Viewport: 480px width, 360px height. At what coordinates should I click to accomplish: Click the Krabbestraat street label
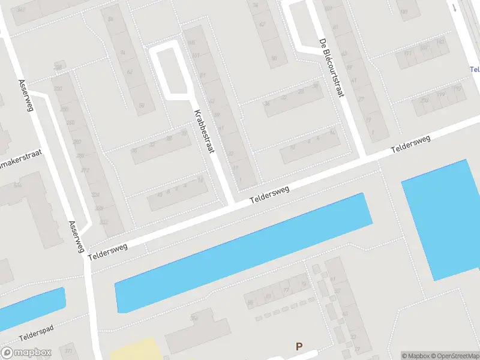[x=204, y=132]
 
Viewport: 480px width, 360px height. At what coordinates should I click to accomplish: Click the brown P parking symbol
[x=299, y=346]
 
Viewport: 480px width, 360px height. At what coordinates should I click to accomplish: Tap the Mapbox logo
[x=26, y=353]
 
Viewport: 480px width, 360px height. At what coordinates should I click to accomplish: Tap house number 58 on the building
[x=142, y=106]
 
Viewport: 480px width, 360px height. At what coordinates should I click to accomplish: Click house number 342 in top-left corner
[x=21, y=10]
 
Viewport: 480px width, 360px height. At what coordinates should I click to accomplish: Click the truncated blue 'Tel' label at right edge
[x=474, y=69]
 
